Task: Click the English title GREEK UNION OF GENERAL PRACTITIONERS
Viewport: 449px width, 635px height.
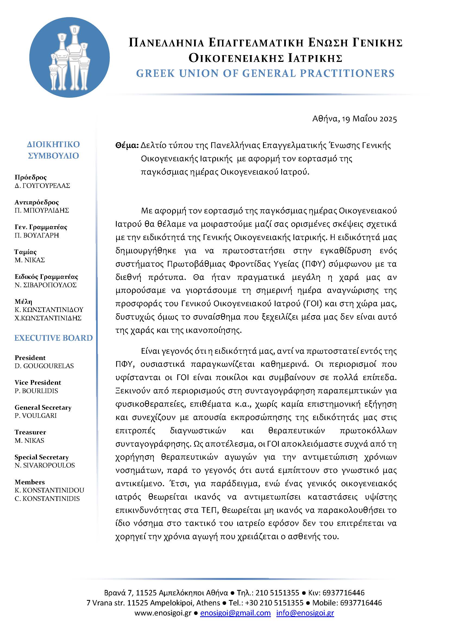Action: (265, 73)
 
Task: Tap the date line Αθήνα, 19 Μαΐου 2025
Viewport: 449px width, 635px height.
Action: (355, 119)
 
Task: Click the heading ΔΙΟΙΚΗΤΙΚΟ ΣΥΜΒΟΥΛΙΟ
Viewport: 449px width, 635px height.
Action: (53, 150)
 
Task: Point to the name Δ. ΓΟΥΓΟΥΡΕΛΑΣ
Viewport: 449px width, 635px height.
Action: (42, 186)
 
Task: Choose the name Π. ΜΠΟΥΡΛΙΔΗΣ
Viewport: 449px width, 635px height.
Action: (42, 210)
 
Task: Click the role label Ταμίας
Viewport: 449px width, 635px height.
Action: (26, 252)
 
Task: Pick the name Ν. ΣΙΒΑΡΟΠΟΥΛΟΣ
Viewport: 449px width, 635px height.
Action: (46, 285)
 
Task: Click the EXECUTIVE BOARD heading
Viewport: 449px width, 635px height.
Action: (53, 338)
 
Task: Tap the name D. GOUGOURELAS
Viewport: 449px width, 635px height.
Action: (44, 366)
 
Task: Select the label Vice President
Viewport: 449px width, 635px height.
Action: (38, 383)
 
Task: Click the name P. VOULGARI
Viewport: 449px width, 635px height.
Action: (36, 415)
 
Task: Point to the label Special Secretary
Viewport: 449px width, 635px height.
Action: (42, 457)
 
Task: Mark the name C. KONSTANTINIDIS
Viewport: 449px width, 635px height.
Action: (47, 498)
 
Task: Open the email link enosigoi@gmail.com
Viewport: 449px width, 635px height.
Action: (235, 613)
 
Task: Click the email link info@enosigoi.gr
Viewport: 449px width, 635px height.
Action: (305, 613)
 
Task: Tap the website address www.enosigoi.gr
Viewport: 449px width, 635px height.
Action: (163, 613)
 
